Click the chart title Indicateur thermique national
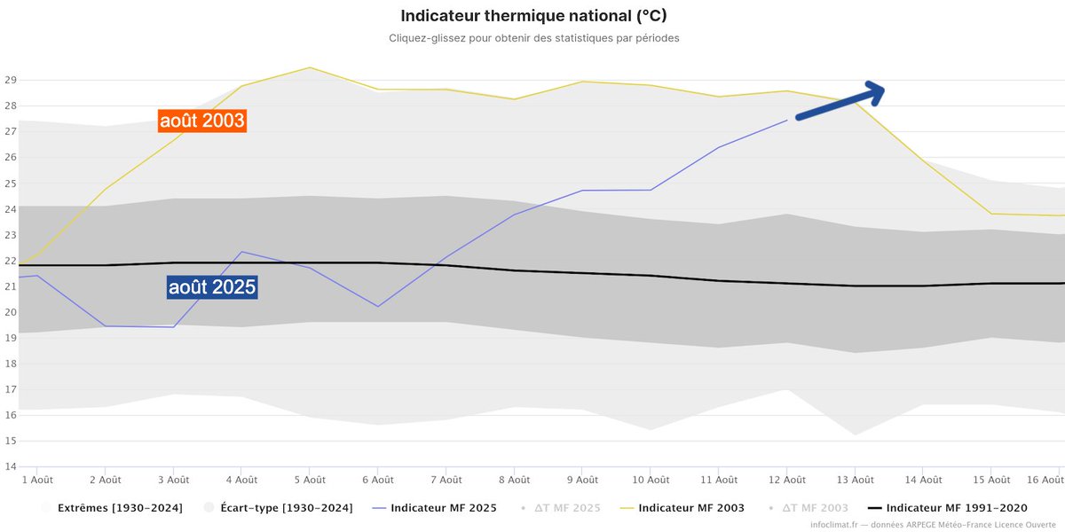533,16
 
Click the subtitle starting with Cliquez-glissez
533,38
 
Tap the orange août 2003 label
201,121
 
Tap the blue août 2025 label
212,287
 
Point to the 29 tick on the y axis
11,80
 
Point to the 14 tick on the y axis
11,466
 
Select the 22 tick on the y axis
11,261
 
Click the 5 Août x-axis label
309,480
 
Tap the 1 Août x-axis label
37,480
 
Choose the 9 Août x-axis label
581,480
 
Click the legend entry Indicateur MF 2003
690,508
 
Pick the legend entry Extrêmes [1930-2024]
120,508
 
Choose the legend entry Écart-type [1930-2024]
287,508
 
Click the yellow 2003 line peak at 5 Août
309,67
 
